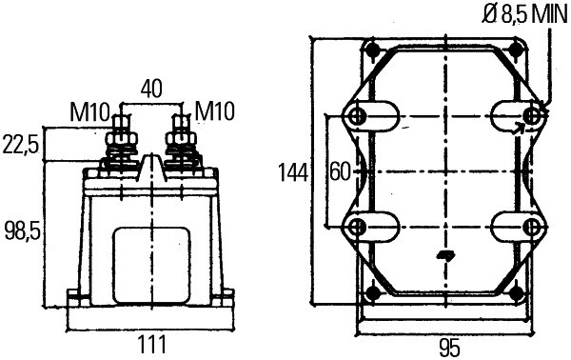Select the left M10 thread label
pyautogui.click(x=89, y=112)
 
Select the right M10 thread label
pyautogui.click(x=211, y=112)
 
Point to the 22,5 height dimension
pyautogui.click(x=20, y=145)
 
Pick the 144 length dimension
pyautogui.click(x=293, y=172)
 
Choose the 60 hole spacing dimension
pyautogui.click(x=340, y=172)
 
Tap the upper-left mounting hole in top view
pyautogui.click(x=358, y=116)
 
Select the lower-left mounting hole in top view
pyautogui.click(x=358, y=227)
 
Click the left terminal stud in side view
pyautogui.click(x=121, y=133)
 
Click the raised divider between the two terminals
pyautogui.click(x=150, y=164)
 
